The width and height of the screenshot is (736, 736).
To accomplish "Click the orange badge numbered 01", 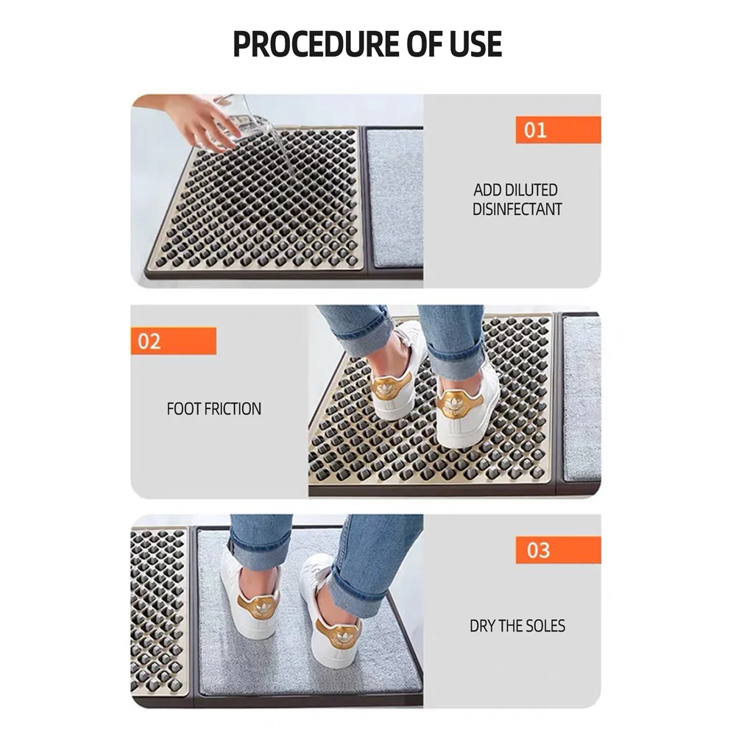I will point(557,130).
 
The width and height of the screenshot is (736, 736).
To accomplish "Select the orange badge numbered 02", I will point(174,341).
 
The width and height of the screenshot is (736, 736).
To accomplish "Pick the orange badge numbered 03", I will point(557,550).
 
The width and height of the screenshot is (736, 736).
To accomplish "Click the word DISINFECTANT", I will point(517,209).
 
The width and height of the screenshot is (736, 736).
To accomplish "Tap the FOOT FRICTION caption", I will point(213,408).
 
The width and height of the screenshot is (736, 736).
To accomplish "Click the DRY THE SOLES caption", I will point(517,626).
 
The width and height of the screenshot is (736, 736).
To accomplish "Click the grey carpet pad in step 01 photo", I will point(394,197).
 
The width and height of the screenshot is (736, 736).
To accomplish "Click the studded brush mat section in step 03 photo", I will point(158,611).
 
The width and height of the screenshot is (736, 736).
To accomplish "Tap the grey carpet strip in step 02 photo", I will point(581,397).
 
